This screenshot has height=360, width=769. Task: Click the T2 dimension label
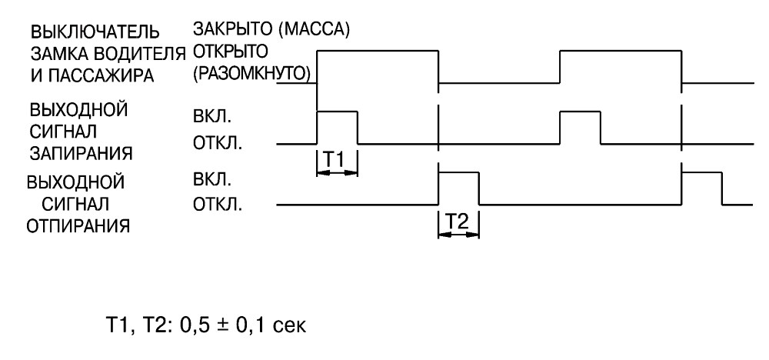458,222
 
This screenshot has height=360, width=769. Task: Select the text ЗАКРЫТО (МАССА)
271,29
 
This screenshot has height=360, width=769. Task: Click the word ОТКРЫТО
230,51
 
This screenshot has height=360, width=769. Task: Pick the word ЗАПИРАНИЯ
81,153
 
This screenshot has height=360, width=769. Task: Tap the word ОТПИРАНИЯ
78,226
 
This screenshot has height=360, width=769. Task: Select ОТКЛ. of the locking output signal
218,144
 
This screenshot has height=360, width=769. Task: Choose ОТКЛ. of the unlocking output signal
218,205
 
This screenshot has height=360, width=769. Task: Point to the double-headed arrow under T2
458,235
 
